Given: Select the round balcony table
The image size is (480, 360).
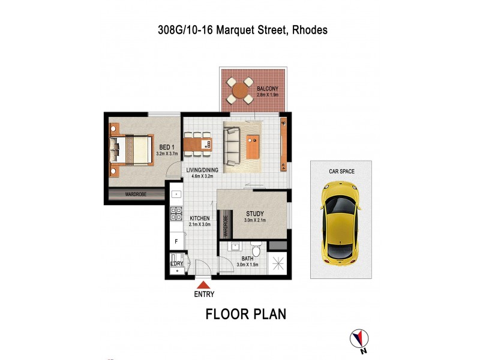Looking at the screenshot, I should [241, 91].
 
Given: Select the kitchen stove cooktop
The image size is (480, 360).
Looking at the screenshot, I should [177, 213].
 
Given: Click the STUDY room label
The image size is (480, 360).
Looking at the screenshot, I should [255, 213].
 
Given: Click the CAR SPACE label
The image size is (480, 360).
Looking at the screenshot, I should [341, 172].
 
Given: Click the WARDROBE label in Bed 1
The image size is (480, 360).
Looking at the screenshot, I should [136, 195].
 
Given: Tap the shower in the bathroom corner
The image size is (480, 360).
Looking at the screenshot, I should [278, 264].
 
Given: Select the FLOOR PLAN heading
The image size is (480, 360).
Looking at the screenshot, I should [246, 314].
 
